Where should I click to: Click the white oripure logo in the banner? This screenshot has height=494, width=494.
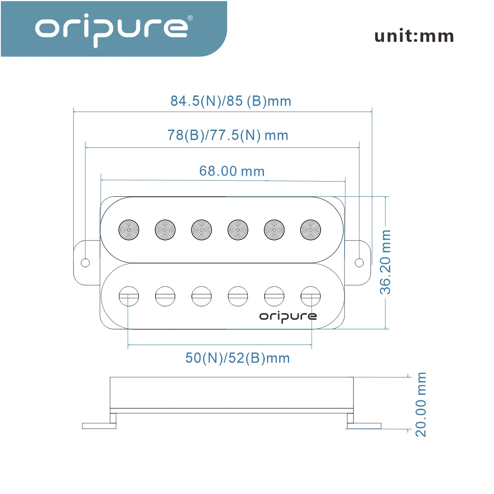[x=112, y=30]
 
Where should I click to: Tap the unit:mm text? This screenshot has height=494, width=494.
[x=414, y=35]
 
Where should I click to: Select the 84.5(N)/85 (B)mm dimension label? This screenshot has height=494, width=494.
[x=231, y=101]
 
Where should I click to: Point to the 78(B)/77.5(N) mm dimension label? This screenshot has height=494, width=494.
[x=228, y=135]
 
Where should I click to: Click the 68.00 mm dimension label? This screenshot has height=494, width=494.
[x=232, y=171]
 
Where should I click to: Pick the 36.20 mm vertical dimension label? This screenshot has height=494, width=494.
[x=385, y=262]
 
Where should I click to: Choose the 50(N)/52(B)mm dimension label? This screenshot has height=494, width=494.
[x=238, y=358]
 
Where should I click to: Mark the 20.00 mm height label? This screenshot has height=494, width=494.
[x=421, y=405]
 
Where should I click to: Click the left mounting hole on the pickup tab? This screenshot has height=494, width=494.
[x=85, y=263]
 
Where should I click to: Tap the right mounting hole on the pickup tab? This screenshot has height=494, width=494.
[x=359, y=263]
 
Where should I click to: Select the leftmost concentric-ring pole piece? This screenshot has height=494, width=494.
[x=129, y=230]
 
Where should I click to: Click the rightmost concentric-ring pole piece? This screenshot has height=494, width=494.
[x=310, y=230]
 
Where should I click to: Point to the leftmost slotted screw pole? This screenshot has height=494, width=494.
[x=129, y=296]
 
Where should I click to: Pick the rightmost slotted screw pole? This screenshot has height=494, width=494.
[x=310, y=296]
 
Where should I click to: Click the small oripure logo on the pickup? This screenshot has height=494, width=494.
[x=288, y=317]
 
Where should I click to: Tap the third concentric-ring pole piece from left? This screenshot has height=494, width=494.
[x=201, y=230]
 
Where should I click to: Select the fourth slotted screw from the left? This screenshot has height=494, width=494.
[x=238, y=296]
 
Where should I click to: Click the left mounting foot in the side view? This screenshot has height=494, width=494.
[x=99, y=426]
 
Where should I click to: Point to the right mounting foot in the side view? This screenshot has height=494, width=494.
[x=364, y=426]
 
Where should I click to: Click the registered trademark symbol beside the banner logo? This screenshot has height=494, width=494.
[x=190, y=18]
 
